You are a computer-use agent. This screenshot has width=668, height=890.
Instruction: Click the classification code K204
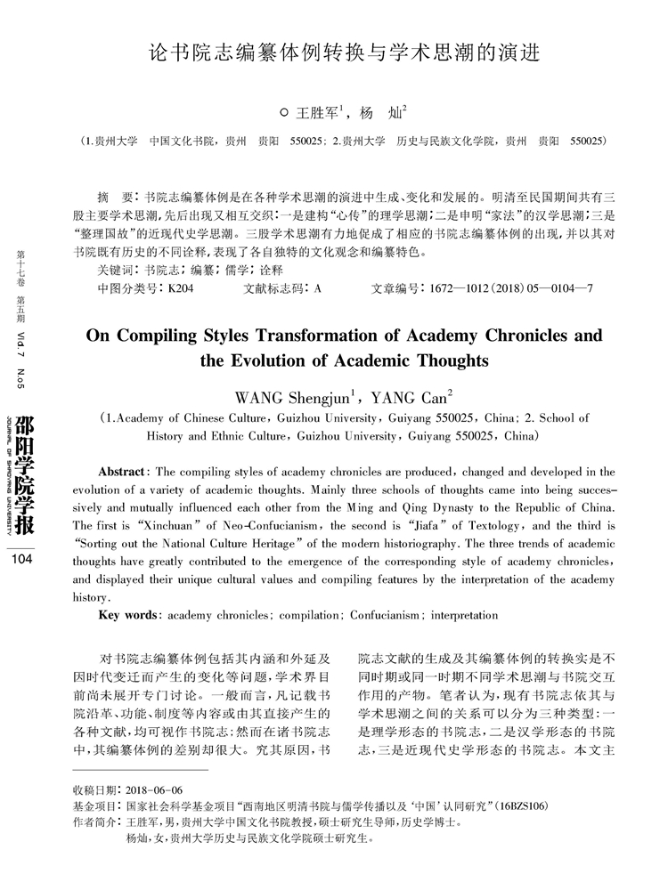(175, 289)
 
